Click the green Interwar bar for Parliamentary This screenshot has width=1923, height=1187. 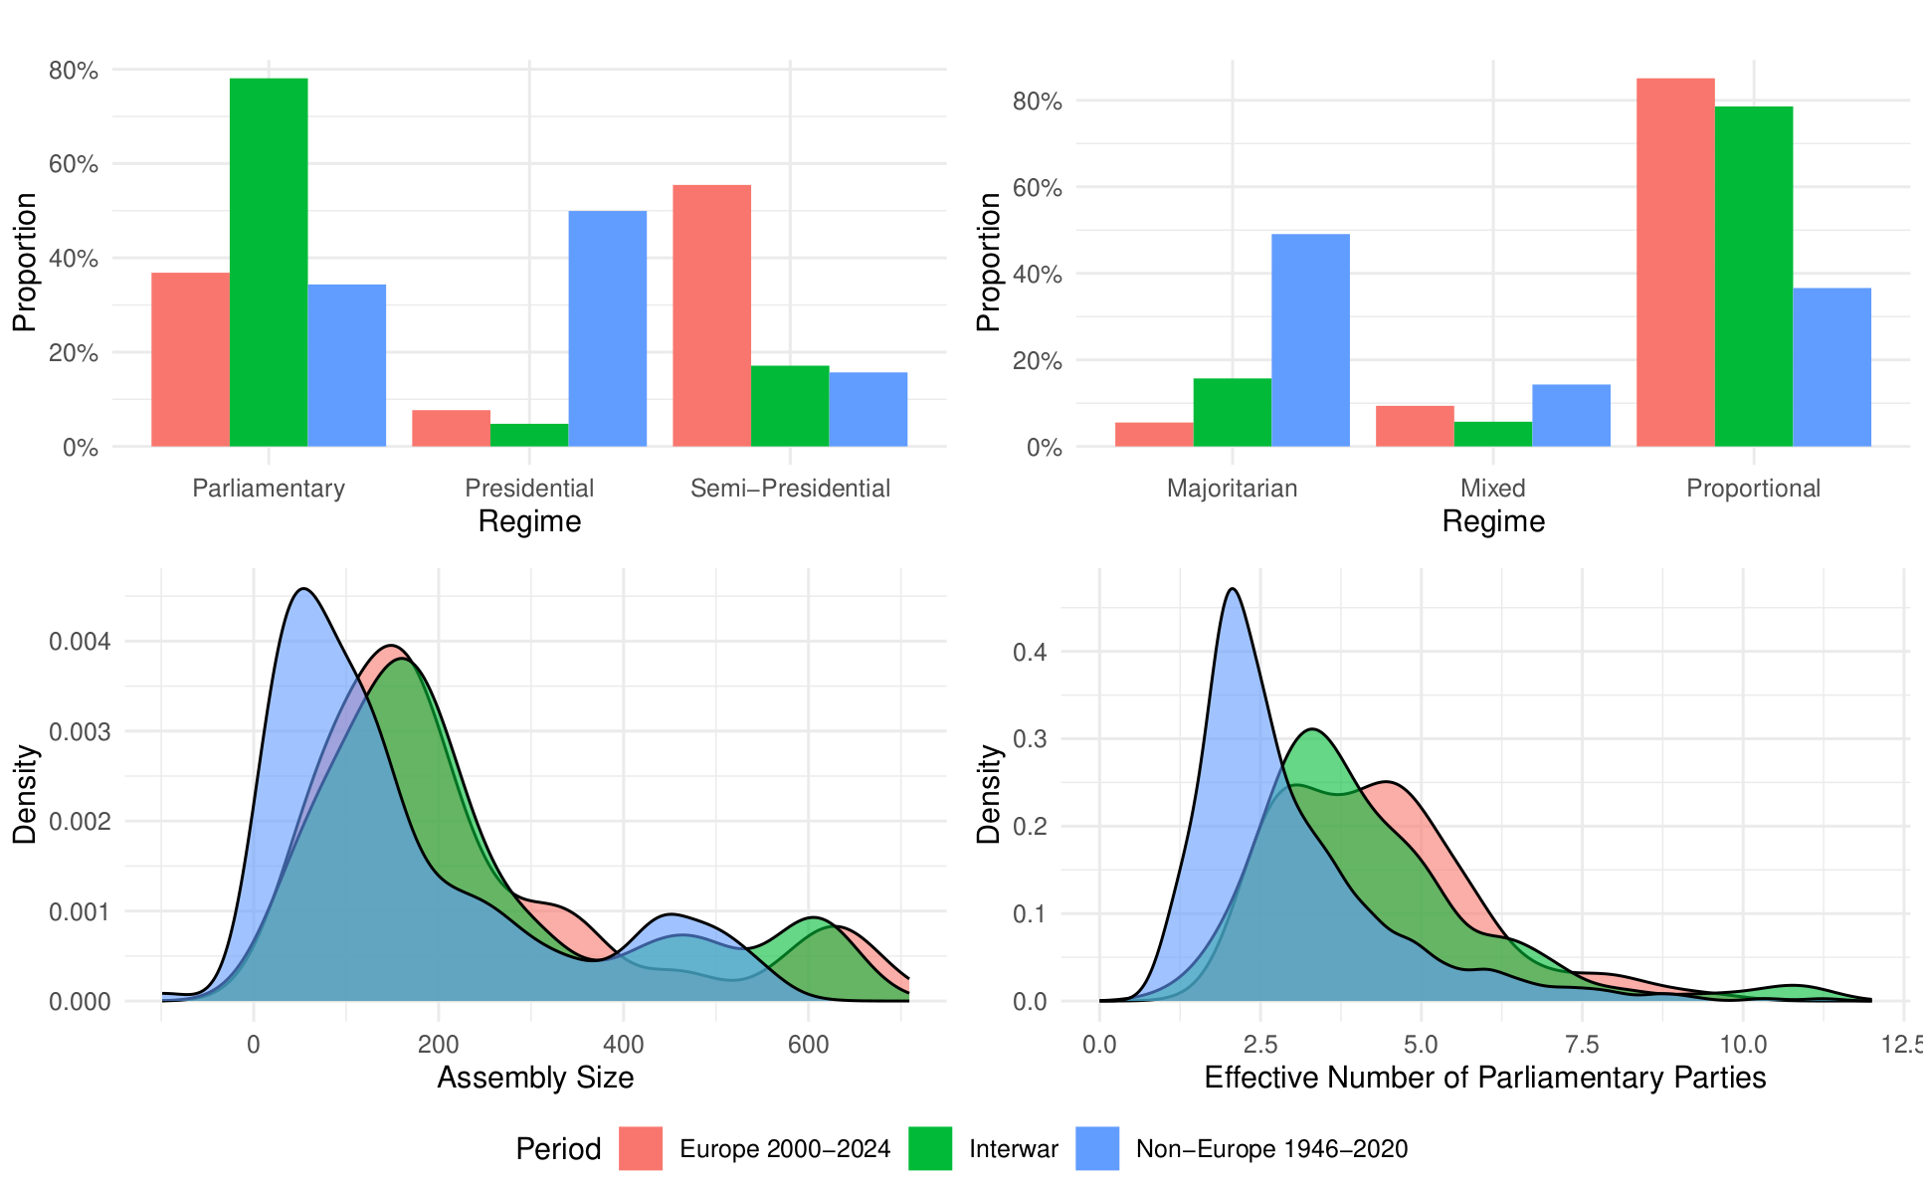(269, 262)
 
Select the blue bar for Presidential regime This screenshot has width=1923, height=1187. (608, 328)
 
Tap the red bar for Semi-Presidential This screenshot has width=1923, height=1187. (712, 315)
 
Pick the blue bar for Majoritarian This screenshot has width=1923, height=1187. (1311, 340)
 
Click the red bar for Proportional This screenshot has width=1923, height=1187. (1675, 263)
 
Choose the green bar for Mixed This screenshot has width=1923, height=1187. (1493, 434)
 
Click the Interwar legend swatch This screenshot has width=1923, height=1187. (930, 1148)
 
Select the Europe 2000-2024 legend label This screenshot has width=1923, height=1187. (785, 1149)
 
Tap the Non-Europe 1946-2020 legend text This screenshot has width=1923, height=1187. (1272, 1149)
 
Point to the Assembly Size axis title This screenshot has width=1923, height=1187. (535, 1078)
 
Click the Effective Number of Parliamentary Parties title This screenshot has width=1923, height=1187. (1485, 1078)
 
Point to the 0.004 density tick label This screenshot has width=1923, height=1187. (80, 642)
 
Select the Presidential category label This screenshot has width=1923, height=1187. (529, 489)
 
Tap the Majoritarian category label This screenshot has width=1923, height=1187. (1233, 489)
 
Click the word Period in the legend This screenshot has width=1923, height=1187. (558, 1149)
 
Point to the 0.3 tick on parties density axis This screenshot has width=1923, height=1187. (1031, 739)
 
